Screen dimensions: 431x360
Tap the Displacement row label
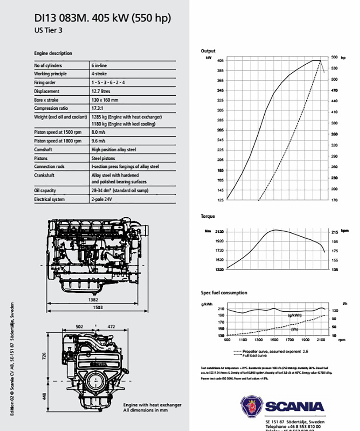pyautogui.click(x=46, y=91)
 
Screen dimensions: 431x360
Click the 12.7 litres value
pyautogui.click(x=101, y=91)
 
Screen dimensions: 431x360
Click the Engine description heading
pyautogui.click(x=53, y=53)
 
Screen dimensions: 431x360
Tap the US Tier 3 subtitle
pyautogui.click(x=51, y=30)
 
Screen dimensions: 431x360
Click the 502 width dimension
pyautogui.click(x=79, y=326)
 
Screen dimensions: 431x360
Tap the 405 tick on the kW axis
pyautogui.click(x=220, y=60)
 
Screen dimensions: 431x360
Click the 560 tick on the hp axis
pyautogui.click(x=334, y=57)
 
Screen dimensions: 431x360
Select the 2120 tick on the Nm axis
pyautogui.click(x=219, y=232)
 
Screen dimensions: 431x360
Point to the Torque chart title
pyautogui.click(x=207, y=216)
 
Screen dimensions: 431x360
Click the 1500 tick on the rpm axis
pyautogui.click(x=274, y=340)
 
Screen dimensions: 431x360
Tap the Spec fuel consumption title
pyautogui.click(x=223, y=293)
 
